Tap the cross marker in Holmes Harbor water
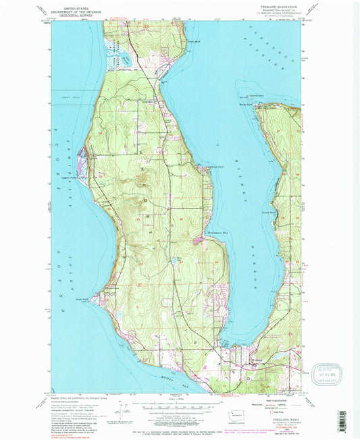(217, 144)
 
